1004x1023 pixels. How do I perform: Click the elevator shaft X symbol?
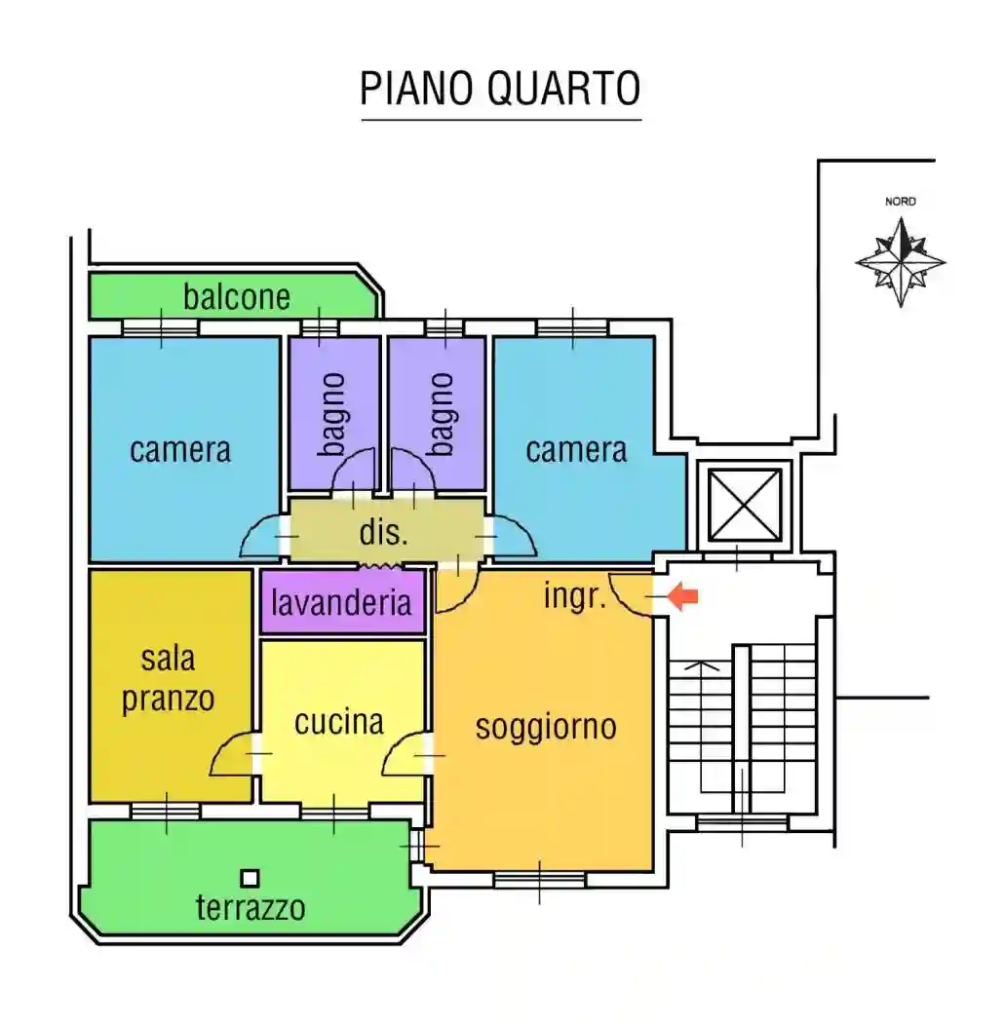click(745, 505)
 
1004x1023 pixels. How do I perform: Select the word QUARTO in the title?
click(563, 89)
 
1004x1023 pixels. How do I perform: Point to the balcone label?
click(237, 296)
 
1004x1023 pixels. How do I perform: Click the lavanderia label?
click(341, 602)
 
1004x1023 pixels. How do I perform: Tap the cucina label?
click(339, 722)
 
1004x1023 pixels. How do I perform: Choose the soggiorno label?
click(546, 726)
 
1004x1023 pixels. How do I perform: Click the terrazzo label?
click(251, 908)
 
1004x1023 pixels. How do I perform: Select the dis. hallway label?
click(384, 533)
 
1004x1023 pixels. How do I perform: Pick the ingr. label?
click(575, 596)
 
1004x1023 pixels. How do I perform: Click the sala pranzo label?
click(169, 679)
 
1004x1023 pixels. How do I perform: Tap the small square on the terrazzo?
click(251, 878)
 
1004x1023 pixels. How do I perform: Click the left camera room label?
click(180, 450)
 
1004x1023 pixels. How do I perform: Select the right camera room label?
click(576, 450)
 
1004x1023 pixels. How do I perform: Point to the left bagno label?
click(334, 414)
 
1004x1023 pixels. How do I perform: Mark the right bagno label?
click(442, 414)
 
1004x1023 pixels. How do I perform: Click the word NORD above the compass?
click(900, 202)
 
